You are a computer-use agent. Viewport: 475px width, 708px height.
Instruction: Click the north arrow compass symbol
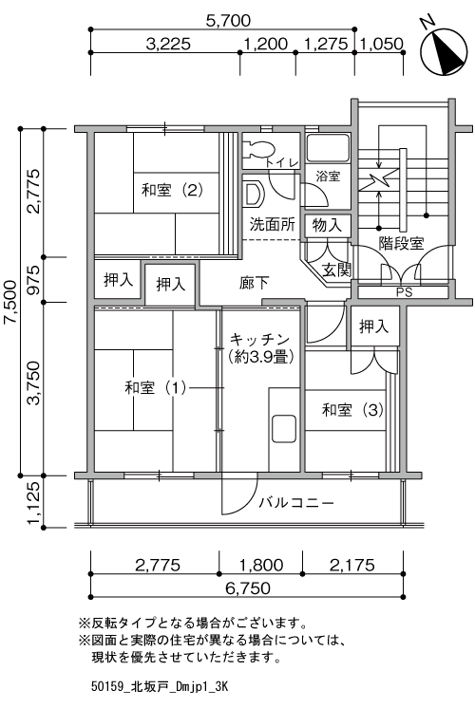(444, 51)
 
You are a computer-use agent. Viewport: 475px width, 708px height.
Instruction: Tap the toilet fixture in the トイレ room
(258, 149)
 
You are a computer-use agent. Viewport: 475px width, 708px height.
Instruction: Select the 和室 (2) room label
(172, 190)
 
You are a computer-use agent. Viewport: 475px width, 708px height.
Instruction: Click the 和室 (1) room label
(155, 387)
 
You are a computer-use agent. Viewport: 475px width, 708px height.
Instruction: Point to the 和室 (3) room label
(352, 410)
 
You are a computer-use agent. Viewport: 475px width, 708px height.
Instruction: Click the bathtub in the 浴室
(328, 148)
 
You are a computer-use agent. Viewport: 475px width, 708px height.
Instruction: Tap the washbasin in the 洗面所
(253, 194)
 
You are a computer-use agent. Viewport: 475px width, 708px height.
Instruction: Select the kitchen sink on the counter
(284, 429)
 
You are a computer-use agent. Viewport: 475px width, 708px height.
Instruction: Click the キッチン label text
(259, 339)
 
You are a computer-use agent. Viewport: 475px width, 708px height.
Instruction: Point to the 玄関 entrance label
(336, 270)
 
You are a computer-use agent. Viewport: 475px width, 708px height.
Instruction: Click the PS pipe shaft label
(404, 292)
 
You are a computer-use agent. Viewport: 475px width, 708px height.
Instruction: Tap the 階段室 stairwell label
(401, 243)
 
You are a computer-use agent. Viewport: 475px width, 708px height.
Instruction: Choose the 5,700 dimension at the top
(228, 20)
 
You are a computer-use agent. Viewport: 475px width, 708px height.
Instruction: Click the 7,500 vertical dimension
(9, 302)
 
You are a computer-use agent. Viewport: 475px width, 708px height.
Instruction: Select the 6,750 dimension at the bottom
(248, 587)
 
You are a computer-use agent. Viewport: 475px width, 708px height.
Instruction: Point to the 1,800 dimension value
(261, 565)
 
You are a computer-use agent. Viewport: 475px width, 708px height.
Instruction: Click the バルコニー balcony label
(296, 503)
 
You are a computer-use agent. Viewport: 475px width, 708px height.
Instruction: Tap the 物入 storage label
(327, 225)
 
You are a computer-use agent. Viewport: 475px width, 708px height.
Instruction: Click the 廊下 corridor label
(254, 283)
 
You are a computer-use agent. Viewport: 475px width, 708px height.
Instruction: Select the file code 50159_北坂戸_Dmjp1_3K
(160, 687)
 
